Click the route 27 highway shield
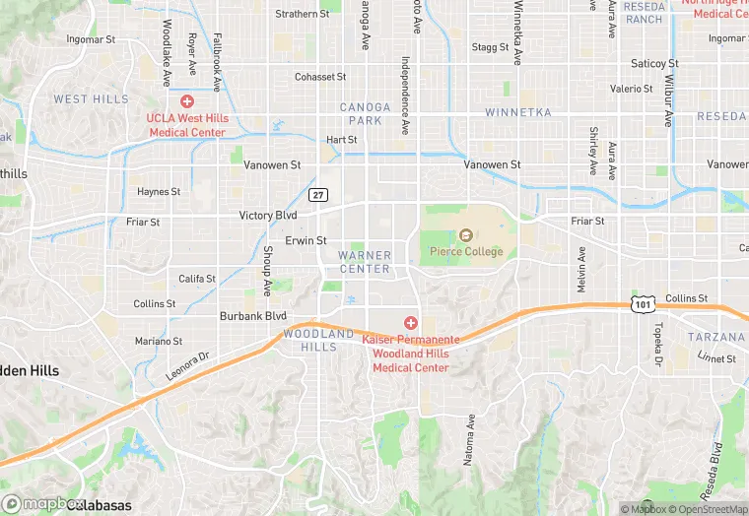(317, 194)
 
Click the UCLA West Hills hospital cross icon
(186, 101)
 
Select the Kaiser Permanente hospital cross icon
(411, 323)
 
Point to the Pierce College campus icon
(466, 235)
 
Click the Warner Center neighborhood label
(365, 262)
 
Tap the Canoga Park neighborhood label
(360, 113)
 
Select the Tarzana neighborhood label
(716, 337)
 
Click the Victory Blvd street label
(268, 215)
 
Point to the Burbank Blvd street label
(252, 316)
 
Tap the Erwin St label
(306, 240)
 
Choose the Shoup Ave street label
(266, 271)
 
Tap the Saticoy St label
(654, 63)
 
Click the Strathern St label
(302, 14)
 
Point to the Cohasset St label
(320, 77)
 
